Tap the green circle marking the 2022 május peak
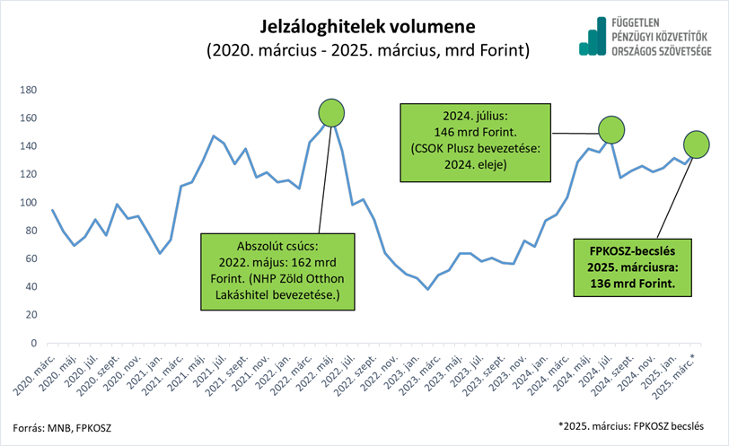click(x=332, y=112)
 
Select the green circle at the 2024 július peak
click(x=610, y=130)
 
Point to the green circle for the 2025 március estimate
click(x=696, y=144)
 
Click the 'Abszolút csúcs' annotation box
click(x=278, y=272)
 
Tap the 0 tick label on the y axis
click(x=32, y=344)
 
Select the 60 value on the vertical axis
click(x=30, y=259)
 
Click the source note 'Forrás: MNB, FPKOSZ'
click(x=60, y=425)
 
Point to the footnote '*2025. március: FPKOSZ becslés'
click(x=630, y=424)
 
